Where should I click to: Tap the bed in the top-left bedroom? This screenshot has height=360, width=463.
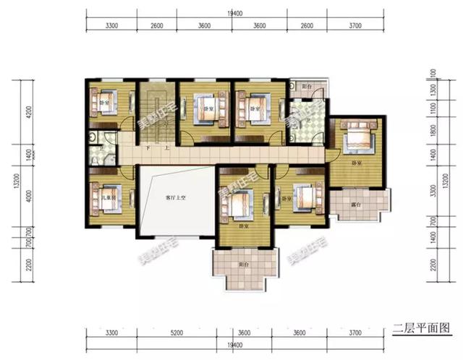point(103,101)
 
